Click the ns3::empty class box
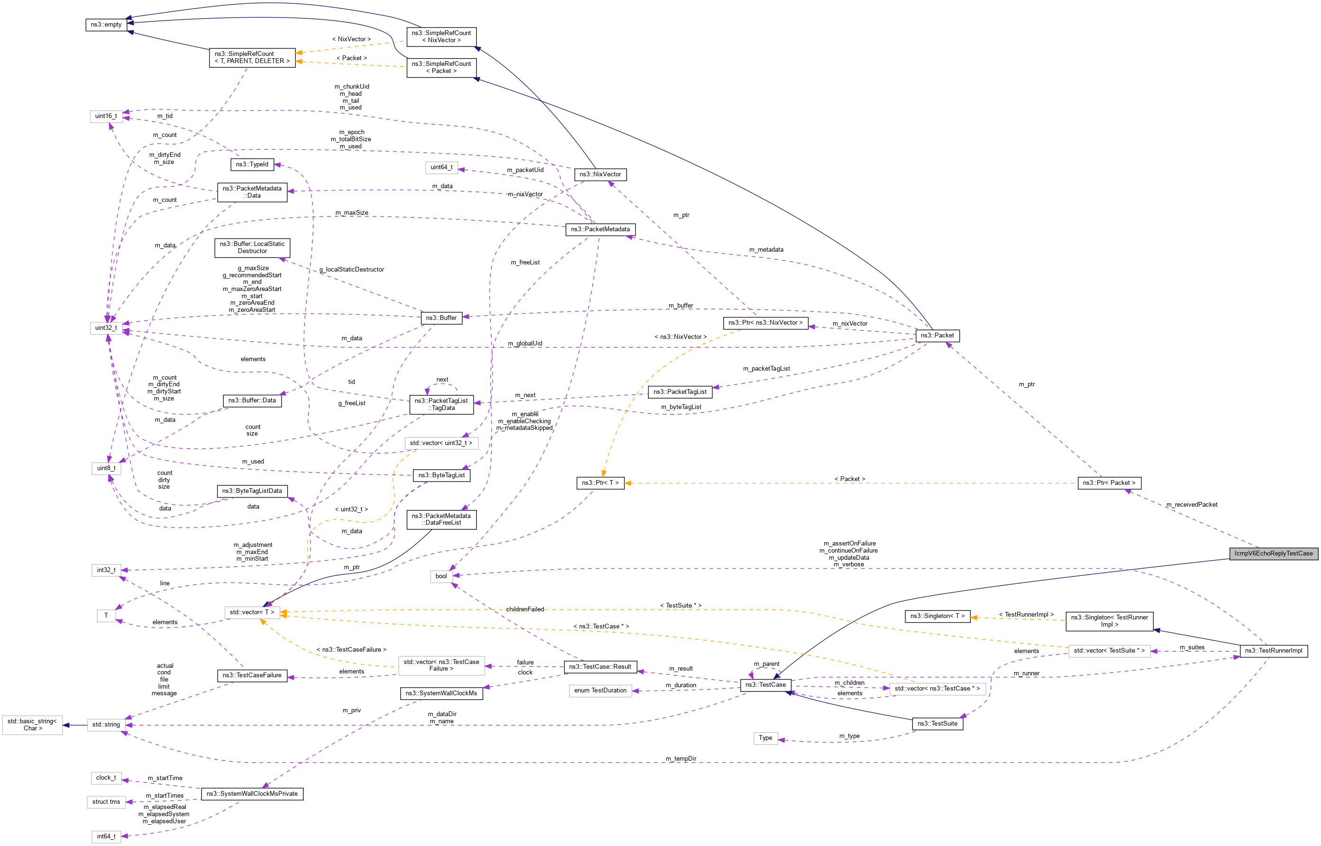[106, 25]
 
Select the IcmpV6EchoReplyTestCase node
[1273, 553]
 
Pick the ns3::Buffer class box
[441, 318]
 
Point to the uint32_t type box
[106, 328]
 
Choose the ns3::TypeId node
[252, 164]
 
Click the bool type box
[441, 576]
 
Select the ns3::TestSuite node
[937, 724]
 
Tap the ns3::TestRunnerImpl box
[1273, 651]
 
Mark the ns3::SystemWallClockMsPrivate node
[252, 794]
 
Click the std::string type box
[106, 725]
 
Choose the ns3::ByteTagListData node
[252, 491]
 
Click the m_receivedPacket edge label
[1192, 505]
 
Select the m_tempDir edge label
[681, 759]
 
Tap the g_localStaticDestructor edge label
[352, 270]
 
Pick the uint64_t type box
[441, 168]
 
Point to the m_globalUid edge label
[525, 344]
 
